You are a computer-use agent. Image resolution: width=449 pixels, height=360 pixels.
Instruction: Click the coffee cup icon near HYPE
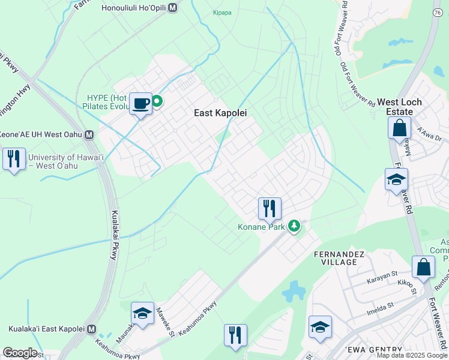point(141,104)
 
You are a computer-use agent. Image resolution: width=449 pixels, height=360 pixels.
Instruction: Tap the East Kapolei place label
point(221,112)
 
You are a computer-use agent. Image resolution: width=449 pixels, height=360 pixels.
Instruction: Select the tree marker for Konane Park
point(294,227)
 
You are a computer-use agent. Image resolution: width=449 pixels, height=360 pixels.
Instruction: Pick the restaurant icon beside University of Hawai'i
point(13,158)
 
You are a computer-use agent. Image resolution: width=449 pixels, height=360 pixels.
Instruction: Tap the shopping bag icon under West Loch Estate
point(399,128)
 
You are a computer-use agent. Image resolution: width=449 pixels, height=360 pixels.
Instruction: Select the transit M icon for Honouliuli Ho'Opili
point(173,8)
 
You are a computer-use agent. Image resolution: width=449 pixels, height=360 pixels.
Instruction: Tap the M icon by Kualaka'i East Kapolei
point(91,329)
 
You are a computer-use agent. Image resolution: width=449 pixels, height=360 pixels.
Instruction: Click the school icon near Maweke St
point(142,314)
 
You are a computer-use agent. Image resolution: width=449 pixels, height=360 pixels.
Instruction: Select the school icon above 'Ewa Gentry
point(320,327)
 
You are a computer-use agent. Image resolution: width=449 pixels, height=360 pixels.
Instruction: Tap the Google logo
point(20,353)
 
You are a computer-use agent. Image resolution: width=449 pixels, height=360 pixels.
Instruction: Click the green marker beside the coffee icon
point(157,101)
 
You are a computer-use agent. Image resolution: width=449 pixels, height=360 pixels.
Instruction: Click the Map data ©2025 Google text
point(411,355)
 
